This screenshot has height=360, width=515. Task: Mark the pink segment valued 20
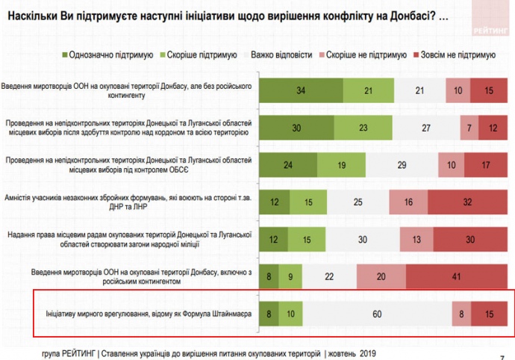tap(381, 276)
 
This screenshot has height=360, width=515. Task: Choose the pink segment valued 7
tap(469, 128)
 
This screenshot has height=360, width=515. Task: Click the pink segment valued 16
tap(407, 202)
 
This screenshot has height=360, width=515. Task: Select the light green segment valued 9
tap(290, 276)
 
